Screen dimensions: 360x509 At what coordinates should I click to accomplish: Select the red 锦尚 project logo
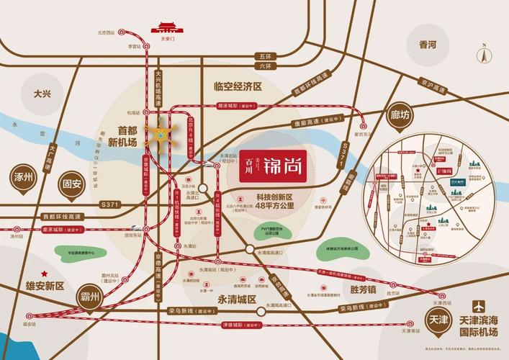point(273,164)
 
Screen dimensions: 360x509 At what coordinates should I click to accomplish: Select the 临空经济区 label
point(237,86)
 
